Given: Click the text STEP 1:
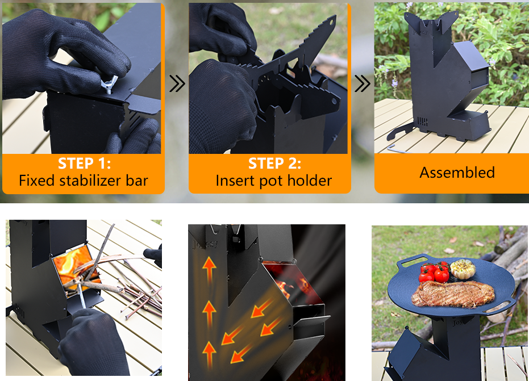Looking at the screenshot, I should point(84,164).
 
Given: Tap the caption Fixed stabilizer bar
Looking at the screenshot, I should point(84,181).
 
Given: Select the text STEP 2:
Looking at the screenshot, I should point(274,164).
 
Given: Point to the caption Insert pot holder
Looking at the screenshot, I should point(274,181).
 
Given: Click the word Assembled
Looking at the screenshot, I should point(457,173).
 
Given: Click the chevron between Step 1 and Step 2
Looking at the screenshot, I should point(177,84).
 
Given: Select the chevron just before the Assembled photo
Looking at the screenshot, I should point(363,84).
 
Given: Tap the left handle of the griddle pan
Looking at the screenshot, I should point(409,262).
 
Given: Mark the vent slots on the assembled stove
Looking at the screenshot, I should point(421,122).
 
